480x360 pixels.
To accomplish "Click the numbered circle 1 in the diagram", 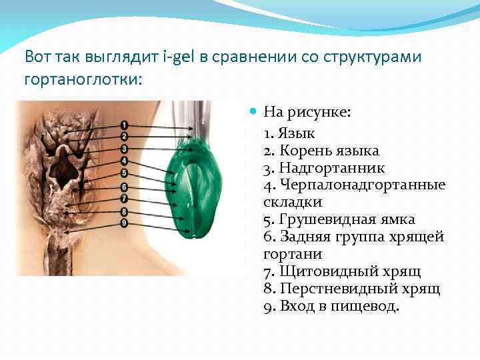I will coord(125,125).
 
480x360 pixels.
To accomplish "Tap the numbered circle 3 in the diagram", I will coord(125,149).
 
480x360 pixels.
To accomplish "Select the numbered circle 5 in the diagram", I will coord(125,173).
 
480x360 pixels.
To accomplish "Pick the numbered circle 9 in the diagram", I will coord(125,221).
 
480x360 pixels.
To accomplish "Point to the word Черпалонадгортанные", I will coord(362,185).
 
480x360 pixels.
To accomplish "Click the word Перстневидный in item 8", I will coord(334,289).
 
